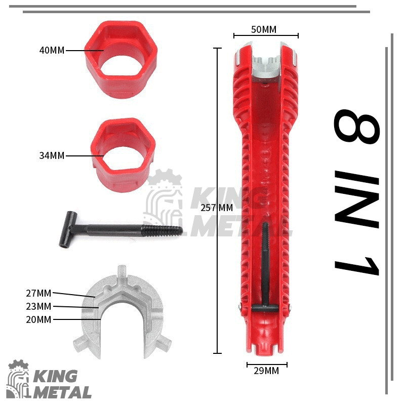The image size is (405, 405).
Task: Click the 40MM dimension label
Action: [52, 50]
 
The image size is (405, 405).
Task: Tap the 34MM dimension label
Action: [52, 155]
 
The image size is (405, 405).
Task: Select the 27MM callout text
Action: [38, 293]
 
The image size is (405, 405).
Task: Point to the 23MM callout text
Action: [38, 306]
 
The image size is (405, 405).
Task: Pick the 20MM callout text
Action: [38, 319]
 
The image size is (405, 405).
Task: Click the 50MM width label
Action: [264, 29]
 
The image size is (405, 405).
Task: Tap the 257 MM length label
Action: [217, 208]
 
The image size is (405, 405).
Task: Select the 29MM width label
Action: [266, 371]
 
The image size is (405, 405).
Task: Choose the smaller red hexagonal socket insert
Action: [123, 155]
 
